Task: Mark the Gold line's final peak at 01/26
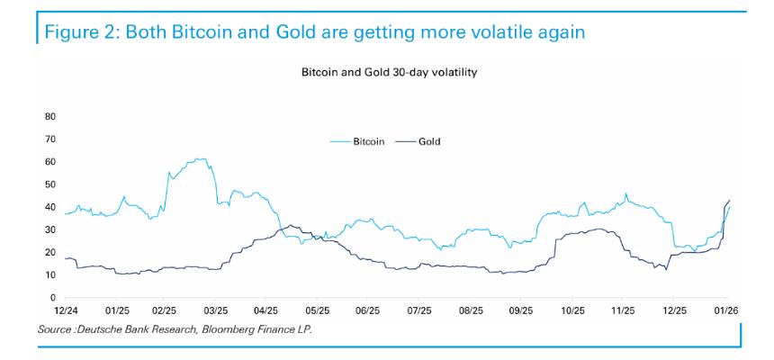[x=728, y=200]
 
